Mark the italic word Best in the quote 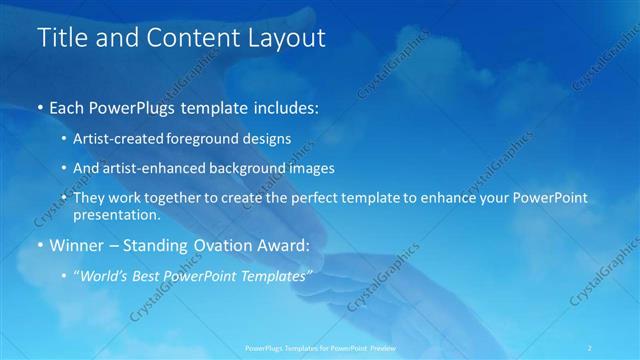pyautogui.click(x=148, y=277)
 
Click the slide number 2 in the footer pyautogui.click(x=590, y=348)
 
